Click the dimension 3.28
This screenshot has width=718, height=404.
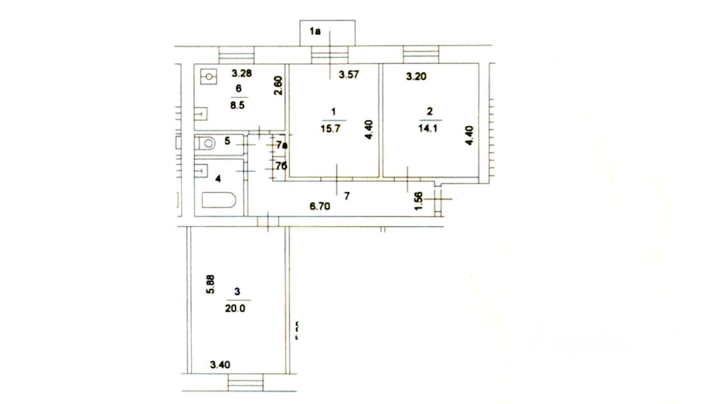(242, 72)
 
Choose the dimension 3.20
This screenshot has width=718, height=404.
(416, 76)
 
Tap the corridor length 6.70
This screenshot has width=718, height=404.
(320, 206)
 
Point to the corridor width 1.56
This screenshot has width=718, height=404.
(417, 201)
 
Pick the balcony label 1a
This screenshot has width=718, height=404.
(315, 32)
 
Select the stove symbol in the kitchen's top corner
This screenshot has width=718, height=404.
(209, 76)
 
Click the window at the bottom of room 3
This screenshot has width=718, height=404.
(246, 383)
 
